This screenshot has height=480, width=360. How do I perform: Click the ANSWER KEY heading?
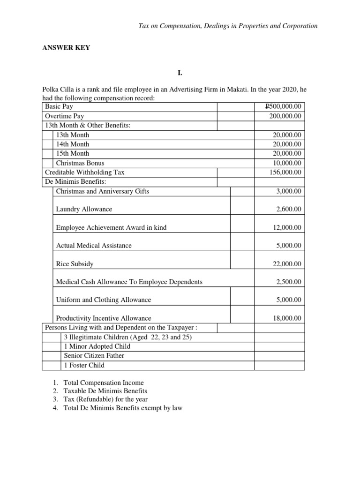[x=66, y=48]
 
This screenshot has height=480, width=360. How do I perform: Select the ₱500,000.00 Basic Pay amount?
[x=284, y=107]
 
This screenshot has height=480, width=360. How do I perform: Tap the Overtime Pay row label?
[x=64, y=116]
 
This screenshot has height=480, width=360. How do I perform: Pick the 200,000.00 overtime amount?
[x=285, y=116]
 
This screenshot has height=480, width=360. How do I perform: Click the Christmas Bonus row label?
[x=80, y=163]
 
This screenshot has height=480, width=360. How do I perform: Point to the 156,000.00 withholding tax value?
[x=285, y=172]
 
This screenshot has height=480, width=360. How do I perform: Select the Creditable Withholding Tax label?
[x=84, y=172]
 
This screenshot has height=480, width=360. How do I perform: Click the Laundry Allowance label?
[x=84, y=209]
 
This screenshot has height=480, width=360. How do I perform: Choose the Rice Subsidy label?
[x=75, y=264]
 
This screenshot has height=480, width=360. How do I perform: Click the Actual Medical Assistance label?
[x=94, y=246]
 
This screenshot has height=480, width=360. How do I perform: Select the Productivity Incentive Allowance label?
[x=104, y=318]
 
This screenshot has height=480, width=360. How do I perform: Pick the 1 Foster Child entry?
[x=84, y=365]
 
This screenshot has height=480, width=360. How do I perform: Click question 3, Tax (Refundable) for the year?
[x=105, y=399]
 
